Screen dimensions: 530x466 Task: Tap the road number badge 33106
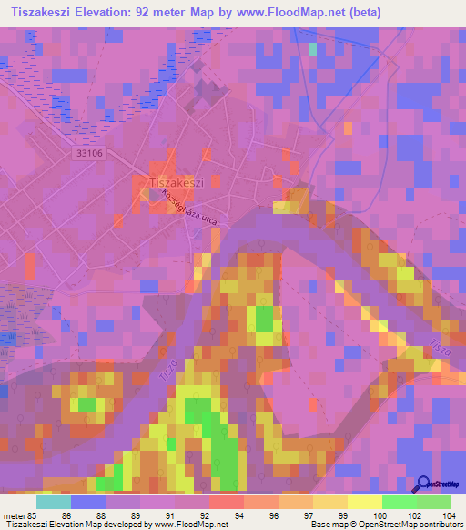[88, 155]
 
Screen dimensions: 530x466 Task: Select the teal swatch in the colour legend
[53, 502]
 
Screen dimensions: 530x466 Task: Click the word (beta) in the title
[362, 12]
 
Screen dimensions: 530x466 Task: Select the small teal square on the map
[314, 50]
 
